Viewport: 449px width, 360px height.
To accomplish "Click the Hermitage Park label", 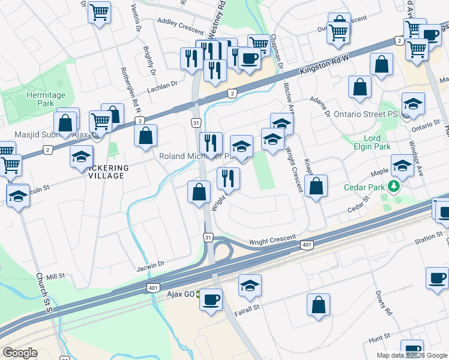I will (46, 99).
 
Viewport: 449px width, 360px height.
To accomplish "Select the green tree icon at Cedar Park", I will (394, 187).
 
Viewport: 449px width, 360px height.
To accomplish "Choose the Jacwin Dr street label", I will (150, 264).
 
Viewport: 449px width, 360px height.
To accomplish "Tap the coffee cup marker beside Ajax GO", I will (211, 299).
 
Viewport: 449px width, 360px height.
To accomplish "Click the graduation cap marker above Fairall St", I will (250, 286).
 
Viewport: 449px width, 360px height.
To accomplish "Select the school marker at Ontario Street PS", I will (413, 105).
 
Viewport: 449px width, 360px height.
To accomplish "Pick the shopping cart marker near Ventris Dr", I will (99, 12).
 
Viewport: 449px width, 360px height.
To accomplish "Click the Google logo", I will (20, 353).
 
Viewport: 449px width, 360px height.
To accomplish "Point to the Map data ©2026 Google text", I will (411, 355).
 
